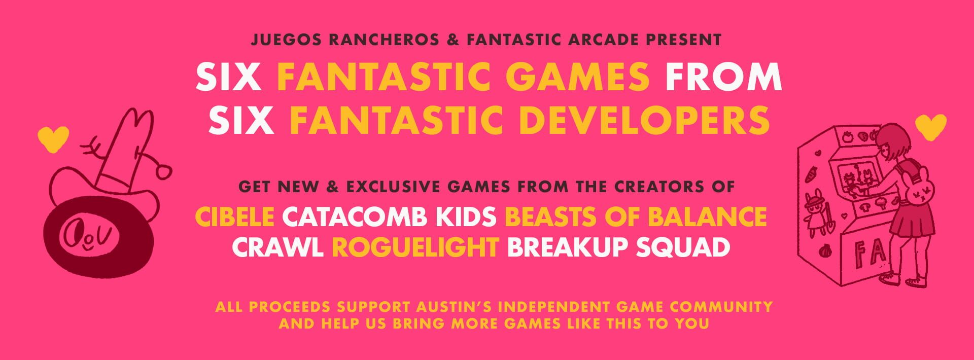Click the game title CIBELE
234,217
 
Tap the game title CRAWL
277,247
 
